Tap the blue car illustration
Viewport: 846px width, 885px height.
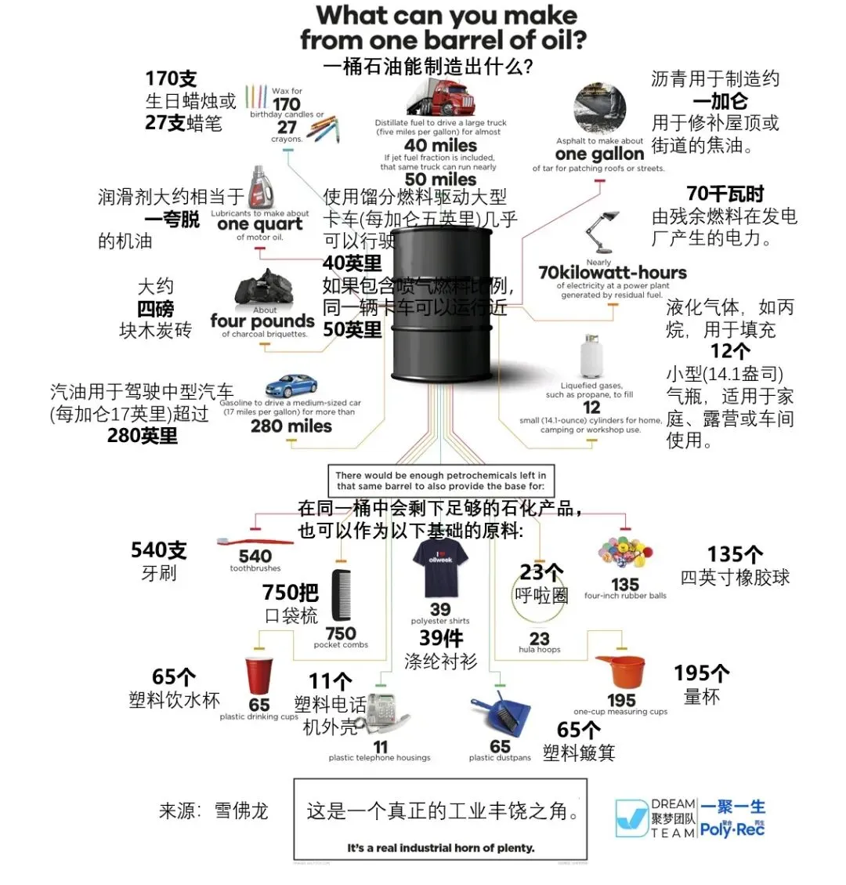tap(291, 386)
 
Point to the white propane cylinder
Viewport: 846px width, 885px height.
tap(591, 357)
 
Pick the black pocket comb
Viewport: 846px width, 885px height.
tap(342, 597)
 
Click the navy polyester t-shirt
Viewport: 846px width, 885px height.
tap(440, 568)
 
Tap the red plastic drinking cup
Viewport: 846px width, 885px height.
tap(258, 675)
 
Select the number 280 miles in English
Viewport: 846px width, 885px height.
tap(291, 426)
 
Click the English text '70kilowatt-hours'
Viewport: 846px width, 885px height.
tap(612, 273)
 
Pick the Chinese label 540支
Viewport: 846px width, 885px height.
tap(159, 550)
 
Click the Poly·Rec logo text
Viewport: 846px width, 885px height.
tap(732, 829)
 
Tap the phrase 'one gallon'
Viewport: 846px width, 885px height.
tap(599, 154)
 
